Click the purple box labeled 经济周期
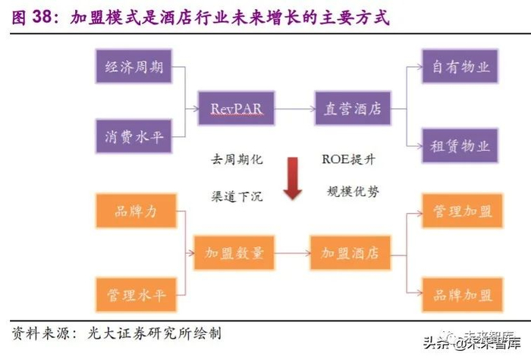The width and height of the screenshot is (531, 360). point(134,66)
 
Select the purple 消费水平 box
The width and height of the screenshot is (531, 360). point(134,137)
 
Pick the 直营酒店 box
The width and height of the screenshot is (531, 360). point(353,108)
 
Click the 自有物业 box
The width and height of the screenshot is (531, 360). point(460,66)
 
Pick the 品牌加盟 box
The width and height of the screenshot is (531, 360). point(460,294)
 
